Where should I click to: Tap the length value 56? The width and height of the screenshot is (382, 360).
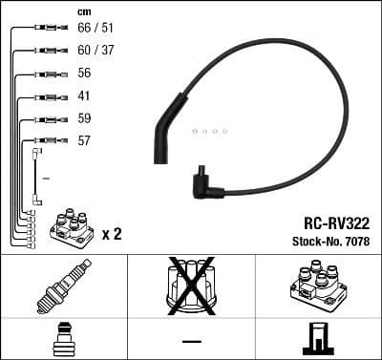83,74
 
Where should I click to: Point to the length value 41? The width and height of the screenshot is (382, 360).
83,96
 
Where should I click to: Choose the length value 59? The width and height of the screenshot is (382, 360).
83,119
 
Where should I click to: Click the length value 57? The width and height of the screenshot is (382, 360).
83,141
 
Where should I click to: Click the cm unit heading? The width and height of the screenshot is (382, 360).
83,11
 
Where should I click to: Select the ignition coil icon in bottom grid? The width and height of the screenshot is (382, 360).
319,285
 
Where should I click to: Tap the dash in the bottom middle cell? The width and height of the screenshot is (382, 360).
191,340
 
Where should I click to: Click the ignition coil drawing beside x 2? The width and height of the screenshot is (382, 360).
70,229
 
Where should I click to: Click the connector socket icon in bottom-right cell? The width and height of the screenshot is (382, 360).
318,339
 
